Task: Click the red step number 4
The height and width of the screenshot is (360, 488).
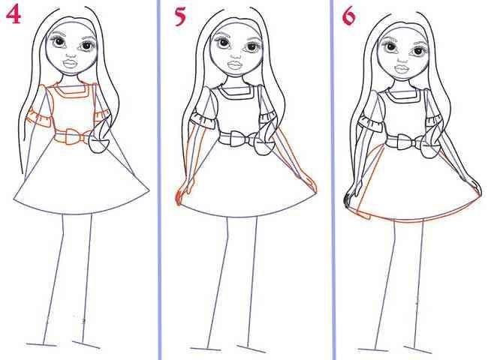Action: pos(14,15)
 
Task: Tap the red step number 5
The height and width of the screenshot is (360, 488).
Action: pos(180,16)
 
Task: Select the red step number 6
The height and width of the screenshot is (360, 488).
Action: pos(349,16)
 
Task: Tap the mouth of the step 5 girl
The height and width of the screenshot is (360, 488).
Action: pos(235,65)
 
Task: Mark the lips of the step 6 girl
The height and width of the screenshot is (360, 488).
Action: pos(402,67)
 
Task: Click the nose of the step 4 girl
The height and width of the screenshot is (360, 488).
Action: pos(71,55)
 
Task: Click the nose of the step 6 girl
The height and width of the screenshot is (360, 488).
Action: pos(402,58)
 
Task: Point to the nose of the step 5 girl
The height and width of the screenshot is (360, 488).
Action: pos(236,56)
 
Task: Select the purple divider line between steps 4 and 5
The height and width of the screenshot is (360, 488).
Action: pos(159,180)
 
